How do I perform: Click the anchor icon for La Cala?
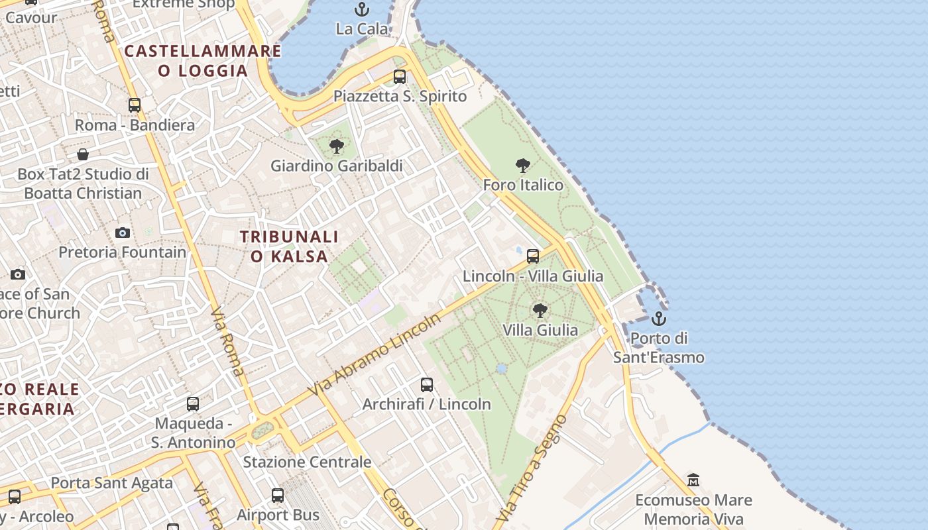click(361, 9)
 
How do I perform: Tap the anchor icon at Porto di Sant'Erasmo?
click(658, 319)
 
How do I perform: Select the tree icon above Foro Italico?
click(522, 166)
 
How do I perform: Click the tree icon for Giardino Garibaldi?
click(336, 146)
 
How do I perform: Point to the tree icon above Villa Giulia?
click(540, 310)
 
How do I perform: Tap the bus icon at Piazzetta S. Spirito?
click(400, 77)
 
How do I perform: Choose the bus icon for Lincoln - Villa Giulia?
click(532, 256)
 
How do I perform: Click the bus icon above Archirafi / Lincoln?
click(427, 385)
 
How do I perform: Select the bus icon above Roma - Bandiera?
click(135, 105)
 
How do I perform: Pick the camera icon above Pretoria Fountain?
click(123, 233)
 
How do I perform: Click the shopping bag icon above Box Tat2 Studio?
click(83, 154)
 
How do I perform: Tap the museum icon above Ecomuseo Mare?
click(693, 480)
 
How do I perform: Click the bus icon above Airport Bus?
click(278, 496)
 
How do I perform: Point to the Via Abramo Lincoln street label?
click(375, 355)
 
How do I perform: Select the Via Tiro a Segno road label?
click(533, 468)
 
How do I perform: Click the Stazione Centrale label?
click(307, 462)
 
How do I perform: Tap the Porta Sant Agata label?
click(111, 483)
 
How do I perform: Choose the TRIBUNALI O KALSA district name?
click(289, 246)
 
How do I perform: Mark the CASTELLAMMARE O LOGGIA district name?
click(203, 61)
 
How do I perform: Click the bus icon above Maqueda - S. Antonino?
click(193, 404)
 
